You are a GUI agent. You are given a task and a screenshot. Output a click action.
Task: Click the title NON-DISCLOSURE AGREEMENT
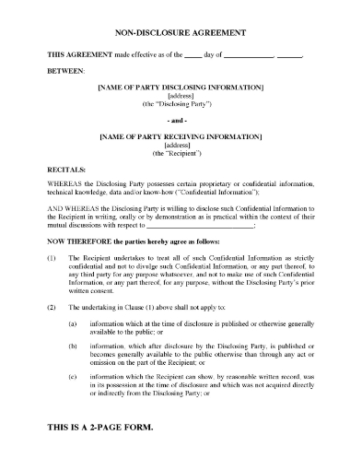tap(180, 31)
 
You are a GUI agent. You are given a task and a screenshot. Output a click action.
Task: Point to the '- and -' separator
tap(180, 119)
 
